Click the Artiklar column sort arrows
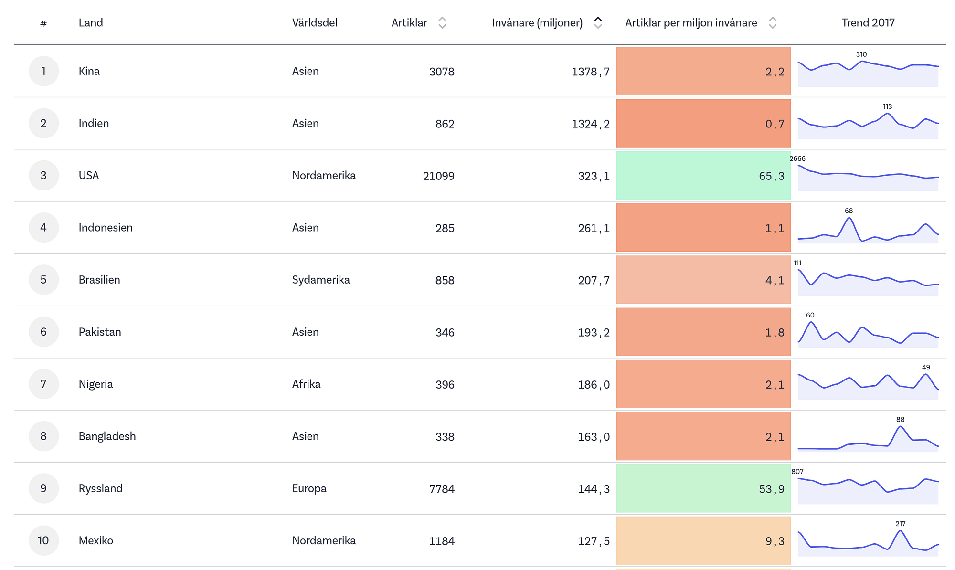(442, 23)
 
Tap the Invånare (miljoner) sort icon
(598, 23)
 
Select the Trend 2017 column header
(868, 23)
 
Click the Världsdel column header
(315, 23)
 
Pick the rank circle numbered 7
(43, 384)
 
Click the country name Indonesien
(106, 228)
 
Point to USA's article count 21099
(438, 176)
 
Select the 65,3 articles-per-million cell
(703, 176)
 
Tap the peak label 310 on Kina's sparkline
(861, 54)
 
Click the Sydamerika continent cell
(321, 280)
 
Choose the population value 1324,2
(591, 124)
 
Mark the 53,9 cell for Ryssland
(703, 488)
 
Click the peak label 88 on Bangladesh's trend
(900, 420)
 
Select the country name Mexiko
(96, 540)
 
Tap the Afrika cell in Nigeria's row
(306, 384)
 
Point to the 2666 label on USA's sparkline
(797, 158)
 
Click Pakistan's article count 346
(445, 333)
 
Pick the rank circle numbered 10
(43, 540)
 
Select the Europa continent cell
(309, 488)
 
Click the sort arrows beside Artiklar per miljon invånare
(773, 23)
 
